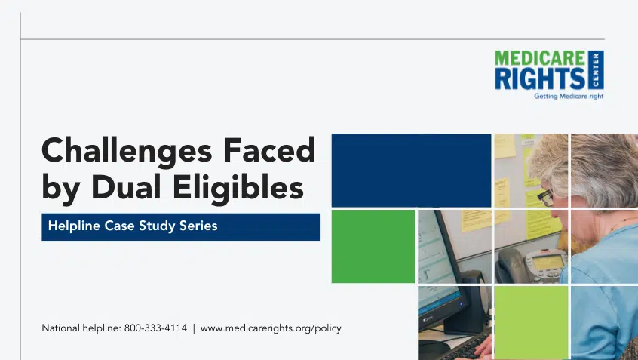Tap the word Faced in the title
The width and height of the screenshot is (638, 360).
coord(269,149)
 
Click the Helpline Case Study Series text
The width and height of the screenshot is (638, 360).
coord(133,226)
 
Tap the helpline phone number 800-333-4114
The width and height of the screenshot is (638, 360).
coord(155,328)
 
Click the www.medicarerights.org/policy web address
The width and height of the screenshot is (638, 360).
coord(271,328)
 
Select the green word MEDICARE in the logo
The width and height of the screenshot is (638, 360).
coord(540,58)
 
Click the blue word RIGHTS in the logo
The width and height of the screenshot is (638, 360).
coord(540,78)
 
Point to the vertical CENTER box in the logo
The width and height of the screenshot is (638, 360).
coord(596,69)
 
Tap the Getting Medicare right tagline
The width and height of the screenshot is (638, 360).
coord(569,97)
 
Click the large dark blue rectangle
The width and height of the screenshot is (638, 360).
coord(411,171)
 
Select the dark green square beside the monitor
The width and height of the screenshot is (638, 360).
coord(373,246)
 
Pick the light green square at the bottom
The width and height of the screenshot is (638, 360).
coord(531,322)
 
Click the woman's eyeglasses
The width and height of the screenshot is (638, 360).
coord(546,197)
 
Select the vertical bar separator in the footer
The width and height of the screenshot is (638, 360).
coord(194,328)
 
